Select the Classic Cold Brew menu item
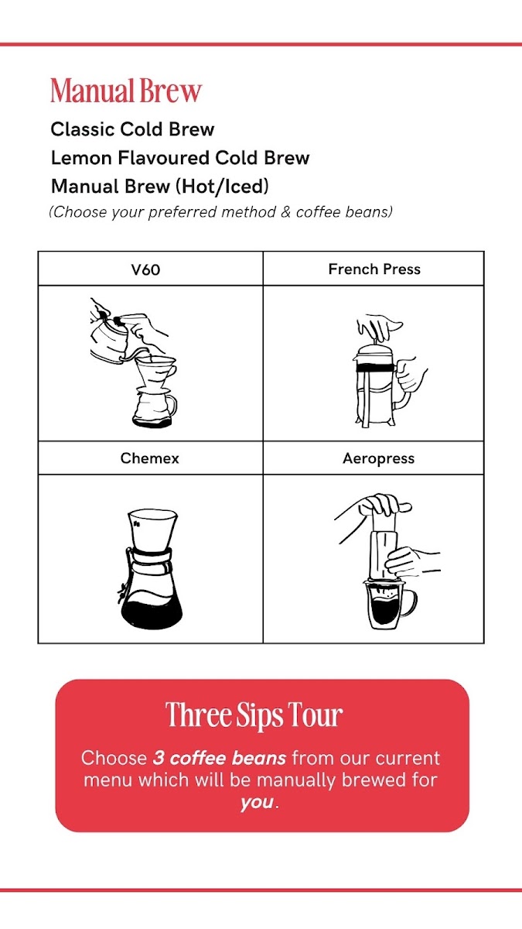[x=132, y=129]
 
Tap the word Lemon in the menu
[x=81, y=158]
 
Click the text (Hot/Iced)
[x=222, y=187]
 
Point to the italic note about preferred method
[x=221, y=212]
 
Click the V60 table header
[x=145, y=269]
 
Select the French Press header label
[x=374, y=269]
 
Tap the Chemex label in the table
[x=149, y=458]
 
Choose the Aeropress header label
[x=379, y=458]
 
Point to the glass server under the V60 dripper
[x=154, y=409]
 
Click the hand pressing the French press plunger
[x=378, y=327]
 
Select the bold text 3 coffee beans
[x=220, y=758]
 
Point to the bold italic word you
[x=257, y=803]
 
